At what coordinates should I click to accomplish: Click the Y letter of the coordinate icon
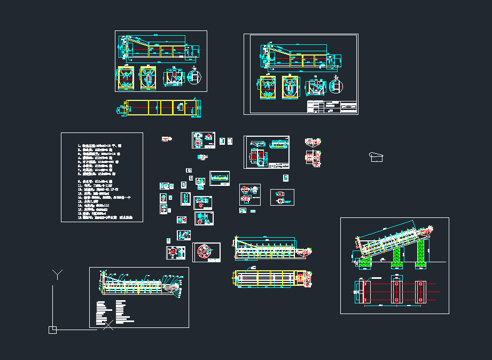(x=57, y=275)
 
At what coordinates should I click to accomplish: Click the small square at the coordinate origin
(x=52, y=330)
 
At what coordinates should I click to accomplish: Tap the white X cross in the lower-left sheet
(x=108, y=324)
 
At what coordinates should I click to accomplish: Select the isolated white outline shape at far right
(x=377, y=156)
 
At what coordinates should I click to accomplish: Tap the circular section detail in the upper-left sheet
(x=194, y=76)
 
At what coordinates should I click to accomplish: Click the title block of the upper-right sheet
(x=332, y=106)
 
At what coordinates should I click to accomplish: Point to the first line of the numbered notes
(x=101, y=145)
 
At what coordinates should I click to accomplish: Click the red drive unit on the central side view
(x=306, y=251)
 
